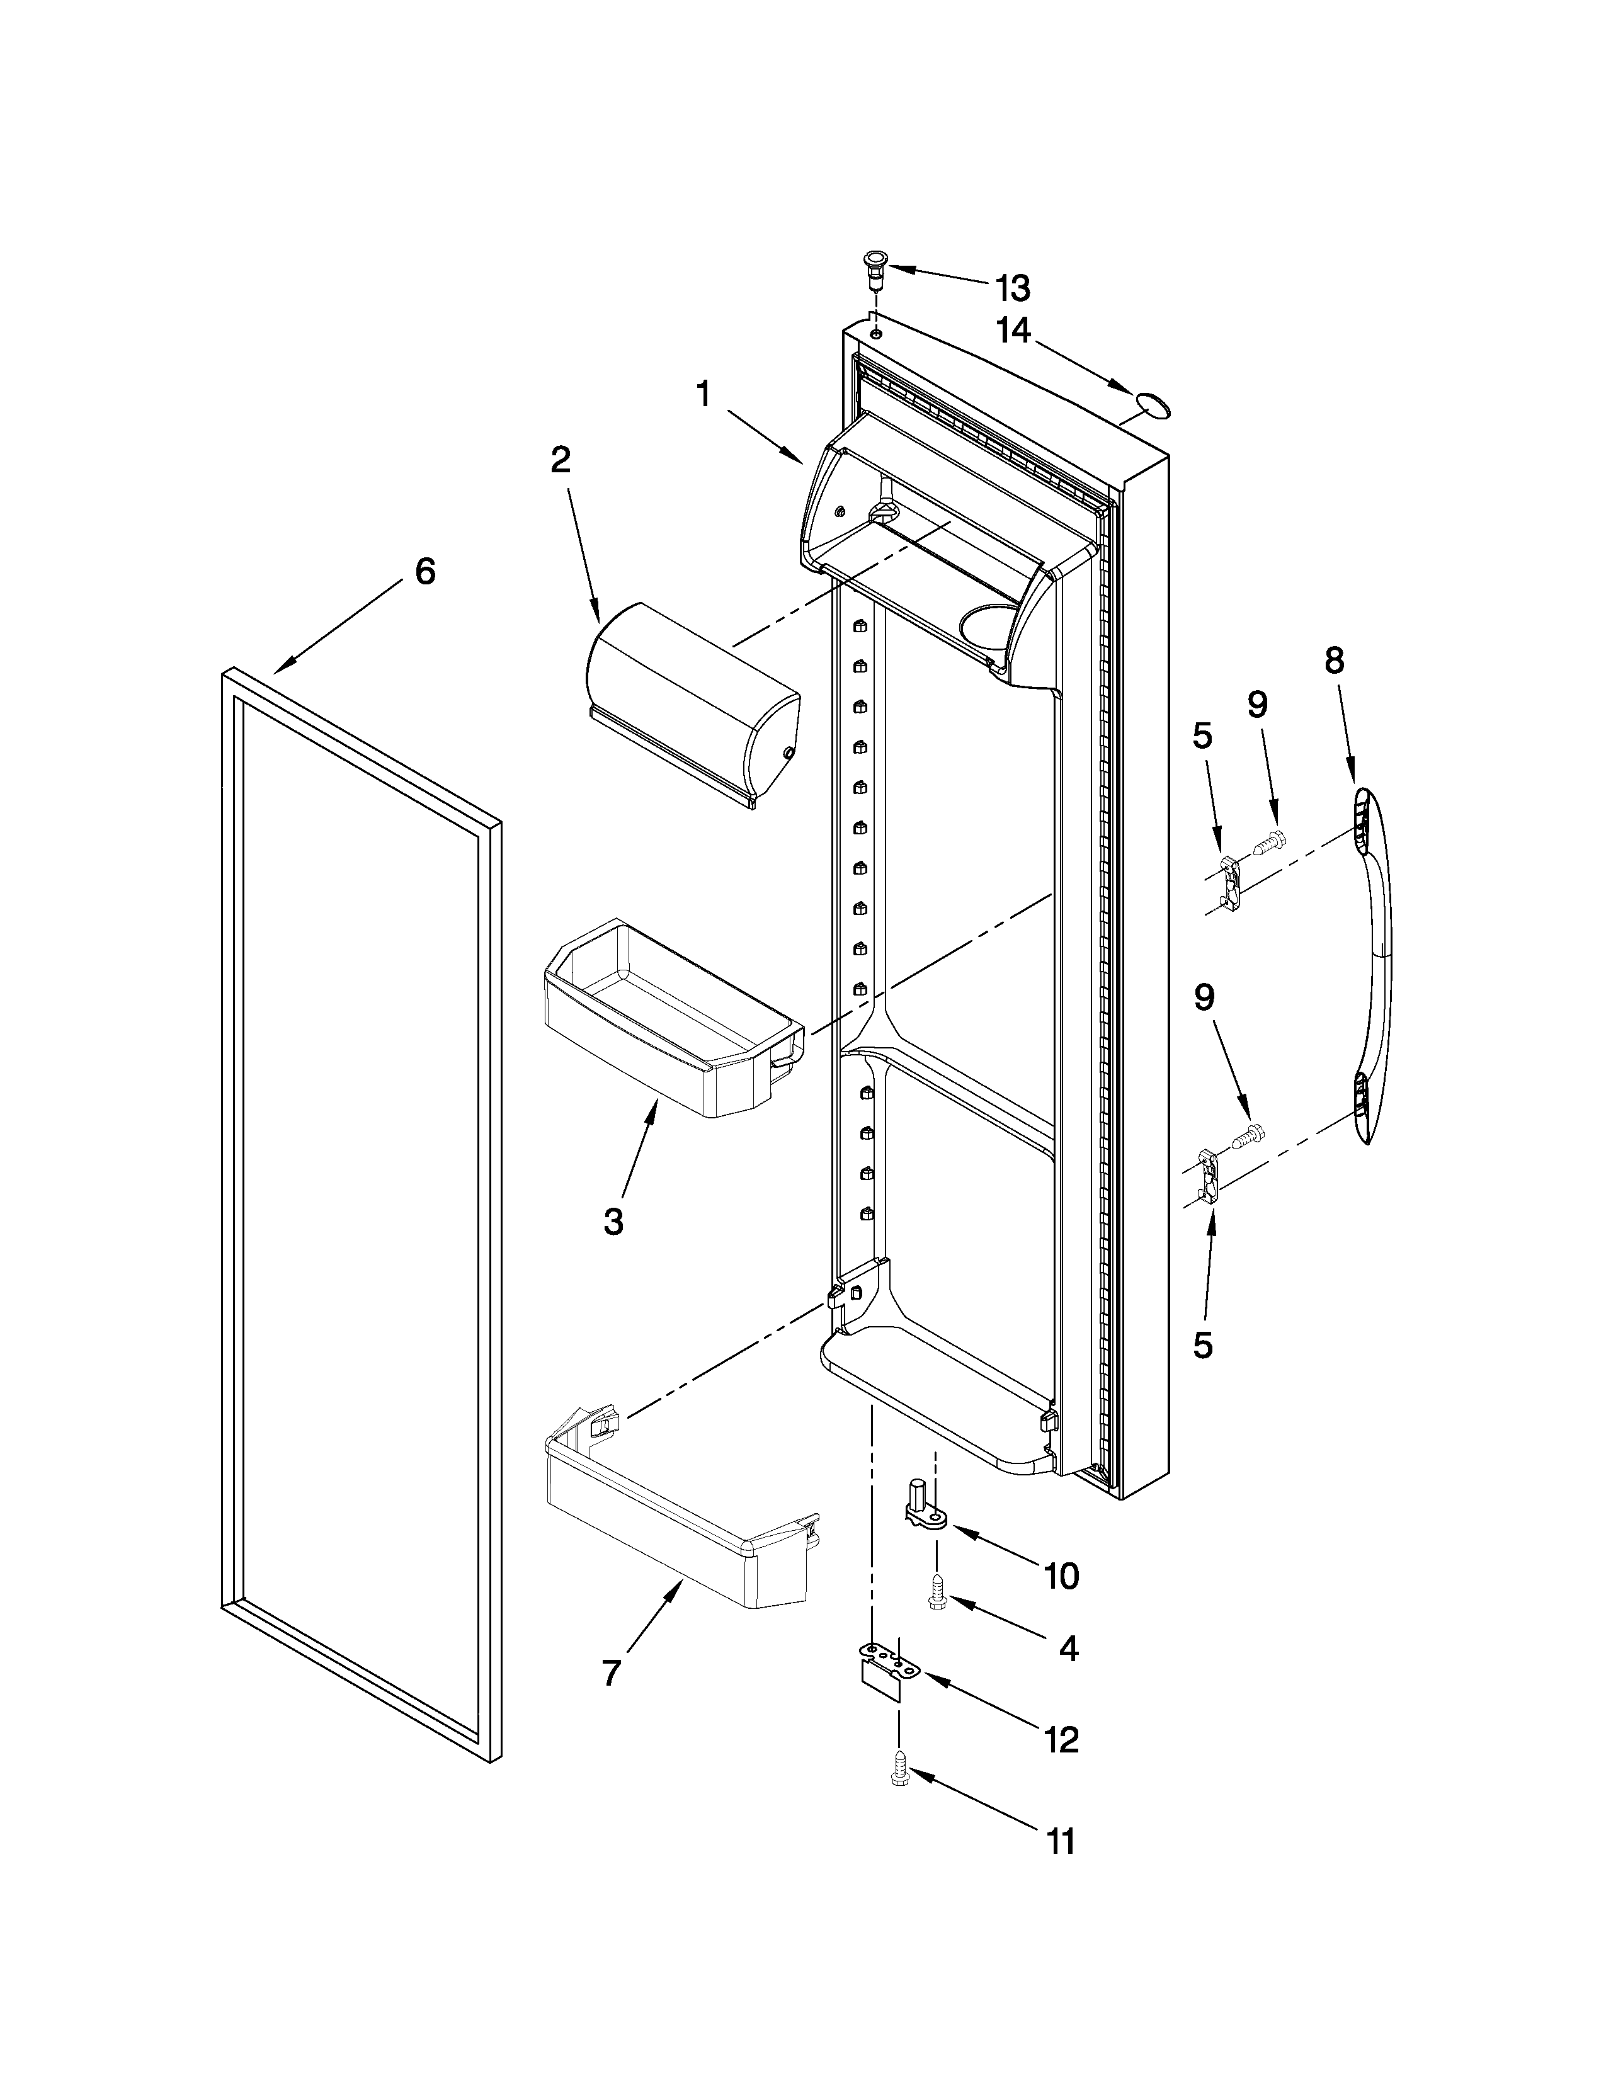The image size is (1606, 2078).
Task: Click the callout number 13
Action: [x=1011, y=287]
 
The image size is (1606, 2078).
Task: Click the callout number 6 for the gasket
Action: [x=424, y=571]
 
